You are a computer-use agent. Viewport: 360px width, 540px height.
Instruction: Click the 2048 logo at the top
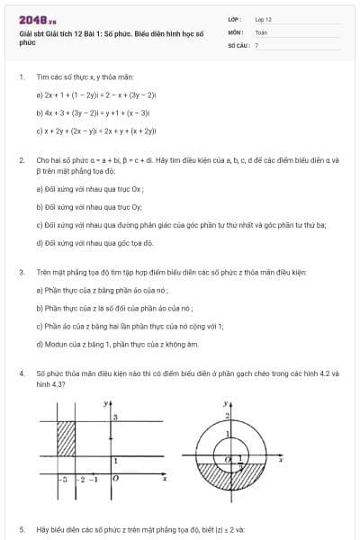31,19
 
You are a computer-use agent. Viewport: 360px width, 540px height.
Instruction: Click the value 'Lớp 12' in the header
263,19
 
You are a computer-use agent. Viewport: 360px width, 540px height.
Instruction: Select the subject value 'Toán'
261,31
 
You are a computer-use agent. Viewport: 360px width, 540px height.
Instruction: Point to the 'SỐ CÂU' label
238,44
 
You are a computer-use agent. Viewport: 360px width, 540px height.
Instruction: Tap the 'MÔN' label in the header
236,31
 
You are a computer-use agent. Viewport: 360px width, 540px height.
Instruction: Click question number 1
21,77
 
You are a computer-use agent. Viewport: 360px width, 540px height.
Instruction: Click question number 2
21,159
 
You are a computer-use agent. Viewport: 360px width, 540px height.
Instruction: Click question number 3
21,272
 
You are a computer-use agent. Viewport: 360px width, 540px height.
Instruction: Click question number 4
21,371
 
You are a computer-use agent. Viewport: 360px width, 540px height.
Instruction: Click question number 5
21,529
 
